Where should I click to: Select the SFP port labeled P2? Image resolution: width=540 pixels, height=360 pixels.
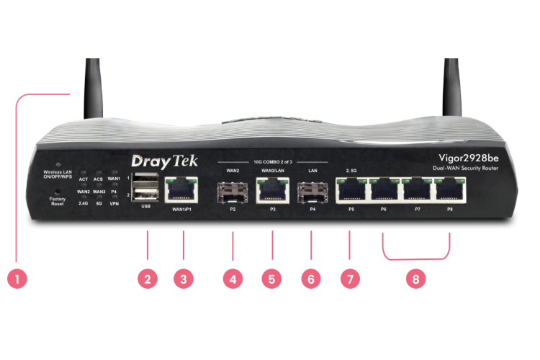233,192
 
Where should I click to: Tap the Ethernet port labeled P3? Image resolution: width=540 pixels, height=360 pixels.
273,191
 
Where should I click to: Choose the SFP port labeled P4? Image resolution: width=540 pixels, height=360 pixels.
312,192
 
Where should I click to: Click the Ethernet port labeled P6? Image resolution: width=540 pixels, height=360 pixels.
384,191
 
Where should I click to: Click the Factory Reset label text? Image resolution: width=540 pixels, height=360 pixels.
57,202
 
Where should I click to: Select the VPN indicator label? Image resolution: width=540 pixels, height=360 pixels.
114,204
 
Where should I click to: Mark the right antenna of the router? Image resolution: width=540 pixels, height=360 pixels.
452,86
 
